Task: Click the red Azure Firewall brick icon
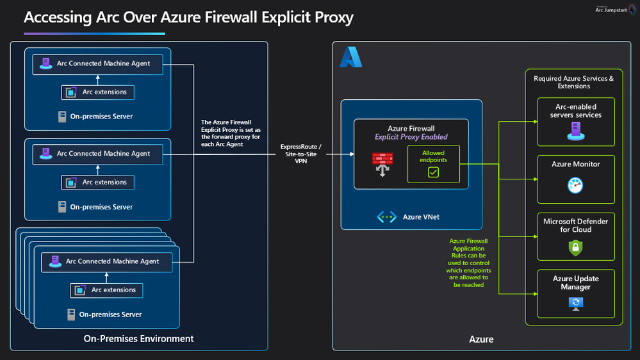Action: point(382,164)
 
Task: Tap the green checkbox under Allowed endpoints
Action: point(433,172)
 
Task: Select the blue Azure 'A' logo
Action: point(350,57)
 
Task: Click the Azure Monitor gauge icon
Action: point(575,185)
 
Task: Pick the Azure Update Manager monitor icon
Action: point(575,304)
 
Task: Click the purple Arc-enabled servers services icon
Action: point(576,131)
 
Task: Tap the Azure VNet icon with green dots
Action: point(386,217)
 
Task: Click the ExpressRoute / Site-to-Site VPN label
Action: point(301,154)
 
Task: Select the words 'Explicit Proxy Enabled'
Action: point(411,136)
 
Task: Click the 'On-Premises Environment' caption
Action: point(139,338)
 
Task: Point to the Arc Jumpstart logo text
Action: point(611,10)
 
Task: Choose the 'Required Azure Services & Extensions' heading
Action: point(573,82)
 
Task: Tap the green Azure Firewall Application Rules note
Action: point(468,263)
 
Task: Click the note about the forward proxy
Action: point(231,133)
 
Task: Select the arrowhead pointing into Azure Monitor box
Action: point(535,179)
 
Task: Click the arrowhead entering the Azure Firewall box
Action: point(352,154)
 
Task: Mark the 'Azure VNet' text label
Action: point(422,217)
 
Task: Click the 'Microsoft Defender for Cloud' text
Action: point(575,225)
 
